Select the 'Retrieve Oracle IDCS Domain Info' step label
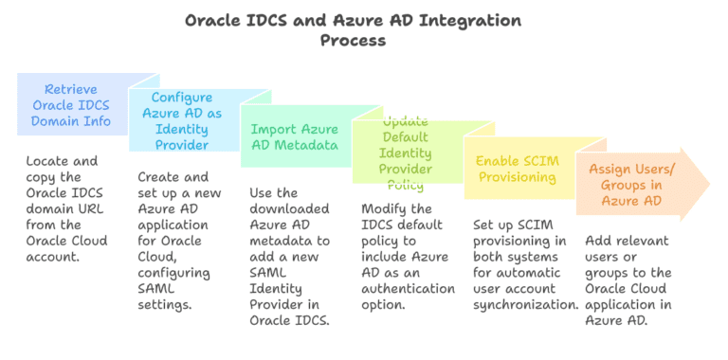(71, 105)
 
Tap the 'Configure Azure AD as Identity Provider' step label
(181, 120)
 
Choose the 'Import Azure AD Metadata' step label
(294, 136)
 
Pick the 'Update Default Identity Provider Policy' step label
(405, 153)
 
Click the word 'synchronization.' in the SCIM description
(525, 305)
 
